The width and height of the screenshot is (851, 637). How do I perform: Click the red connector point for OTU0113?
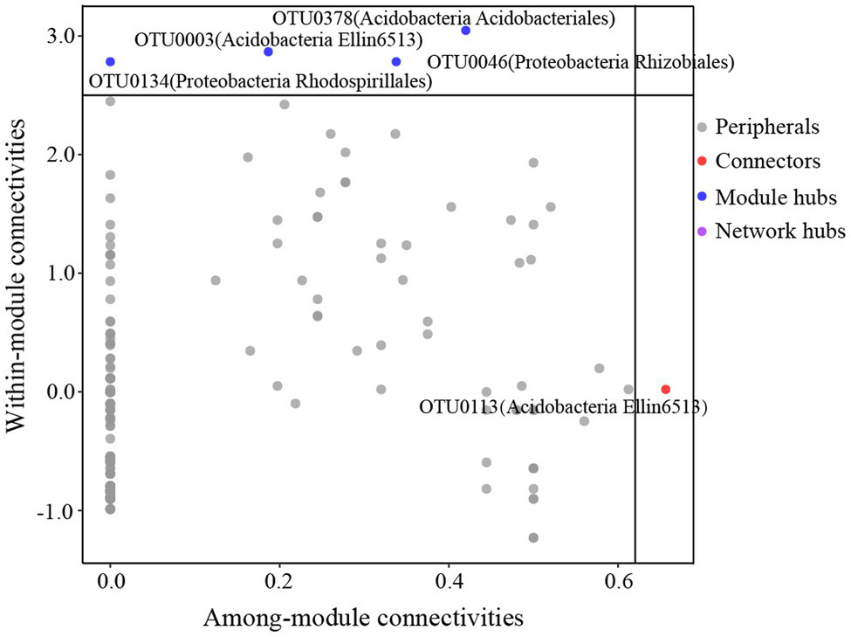tap(666, 389)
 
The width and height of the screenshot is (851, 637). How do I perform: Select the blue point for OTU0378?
tap(466, 31)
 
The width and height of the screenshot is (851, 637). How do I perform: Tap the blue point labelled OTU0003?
tap(268, 52)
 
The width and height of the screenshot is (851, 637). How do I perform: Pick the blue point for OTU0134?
tap(110, 62)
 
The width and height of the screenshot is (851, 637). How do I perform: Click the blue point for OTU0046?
tap(396, 62)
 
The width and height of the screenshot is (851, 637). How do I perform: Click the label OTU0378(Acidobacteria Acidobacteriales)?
tap(443, 17)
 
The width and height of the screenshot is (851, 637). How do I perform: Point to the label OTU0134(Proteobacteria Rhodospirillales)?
tap(262, 82)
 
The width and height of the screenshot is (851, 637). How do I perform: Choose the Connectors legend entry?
tap(767, 162)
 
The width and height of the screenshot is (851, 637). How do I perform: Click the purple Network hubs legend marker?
tap(703, 232)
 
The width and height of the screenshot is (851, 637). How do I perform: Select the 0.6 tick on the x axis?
tap(618, 578)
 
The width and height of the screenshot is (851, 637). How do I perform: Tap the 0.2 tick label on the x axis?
tap(279, 578)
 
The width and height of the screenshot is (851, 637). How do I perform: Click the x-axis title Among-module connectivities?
tap(362, 617)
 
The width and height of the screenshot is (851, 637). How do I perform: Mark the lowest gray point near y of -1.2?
tap(533, 537)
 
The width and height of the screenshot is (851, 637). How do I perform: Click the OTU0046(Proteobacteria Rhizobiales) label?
tap(580, 62)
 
